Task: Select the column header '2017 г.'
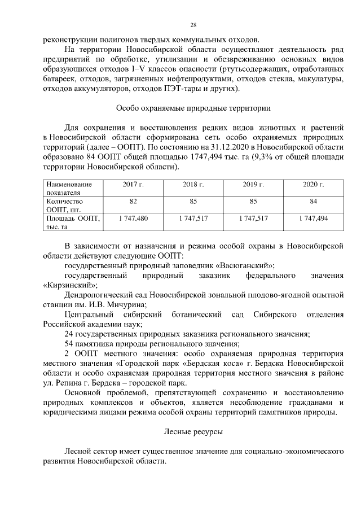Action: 133,185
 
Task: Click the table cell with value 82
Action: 133,201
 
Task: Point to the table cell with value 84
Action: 314,201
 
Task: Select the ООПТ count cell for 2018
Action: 193,201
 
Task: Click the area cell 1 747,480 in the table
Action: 133,217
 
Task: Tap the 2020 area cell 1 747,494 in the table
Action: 314,217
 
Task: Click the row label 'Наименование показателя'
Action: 69,188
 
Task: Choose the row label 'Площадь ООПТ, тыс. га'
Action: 72,221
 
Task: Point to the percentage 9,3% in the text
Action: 263,158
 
